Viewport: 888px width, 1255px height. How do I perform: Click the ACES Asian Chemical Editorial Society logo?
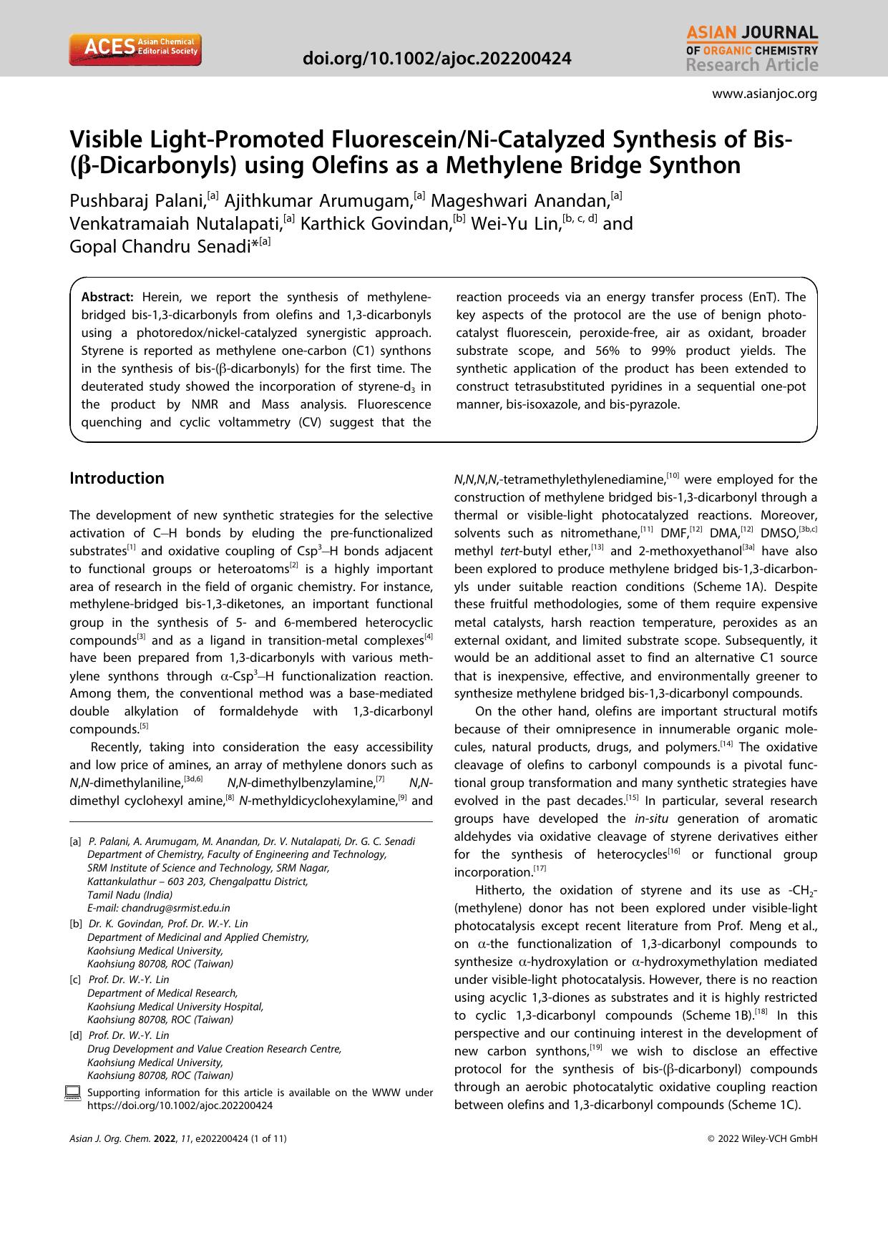point(135,50)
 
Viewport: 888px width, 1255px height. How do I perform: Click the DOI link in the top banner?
point(437,59)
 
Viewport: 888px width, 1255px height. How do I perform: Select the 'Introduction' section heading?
point(117,478)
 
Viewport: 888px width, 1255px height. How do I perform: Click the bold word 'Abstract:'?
point(107,297)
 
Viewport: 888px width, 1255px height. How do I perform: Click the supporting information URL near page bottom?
point(180,1105)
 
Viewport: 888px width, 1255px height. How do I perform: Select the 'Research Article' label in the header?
point(751,66)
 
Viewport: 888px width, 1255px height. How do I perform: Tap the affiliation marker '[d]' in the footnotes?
point(75,1035)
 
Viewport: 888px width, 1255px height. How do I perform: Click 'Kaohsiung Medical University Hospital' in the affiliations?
point(175,1006)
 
